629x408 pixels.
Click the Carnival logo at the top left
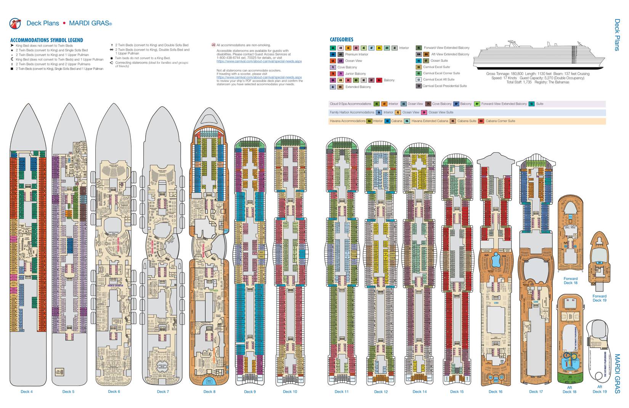(15, 23)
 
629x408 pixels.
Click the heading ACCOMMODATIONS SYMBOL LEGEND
(47, 40)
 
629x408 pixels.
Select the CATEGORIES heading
(341, 39)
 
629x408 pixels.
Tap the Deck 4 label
(27, 392)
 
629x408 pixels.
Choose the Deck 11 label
(342, 392)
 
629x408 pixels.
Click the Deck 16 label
(495, 392)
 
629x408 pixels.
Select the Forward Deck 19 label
(599, 298)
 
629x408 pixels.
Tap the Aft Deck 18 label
(570, 390)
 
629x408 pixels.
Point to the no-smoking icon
(213, 45)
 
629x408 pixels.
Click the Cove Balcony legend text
(347, 67)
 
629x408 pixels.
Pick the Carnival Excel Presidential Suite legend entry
(444, 86)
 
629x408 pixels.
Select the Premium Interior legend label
(356, 54)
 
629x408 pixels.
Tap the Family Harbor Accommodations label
(352, 112)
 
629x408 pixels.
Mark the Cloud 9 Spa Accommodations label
(350, 104)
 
